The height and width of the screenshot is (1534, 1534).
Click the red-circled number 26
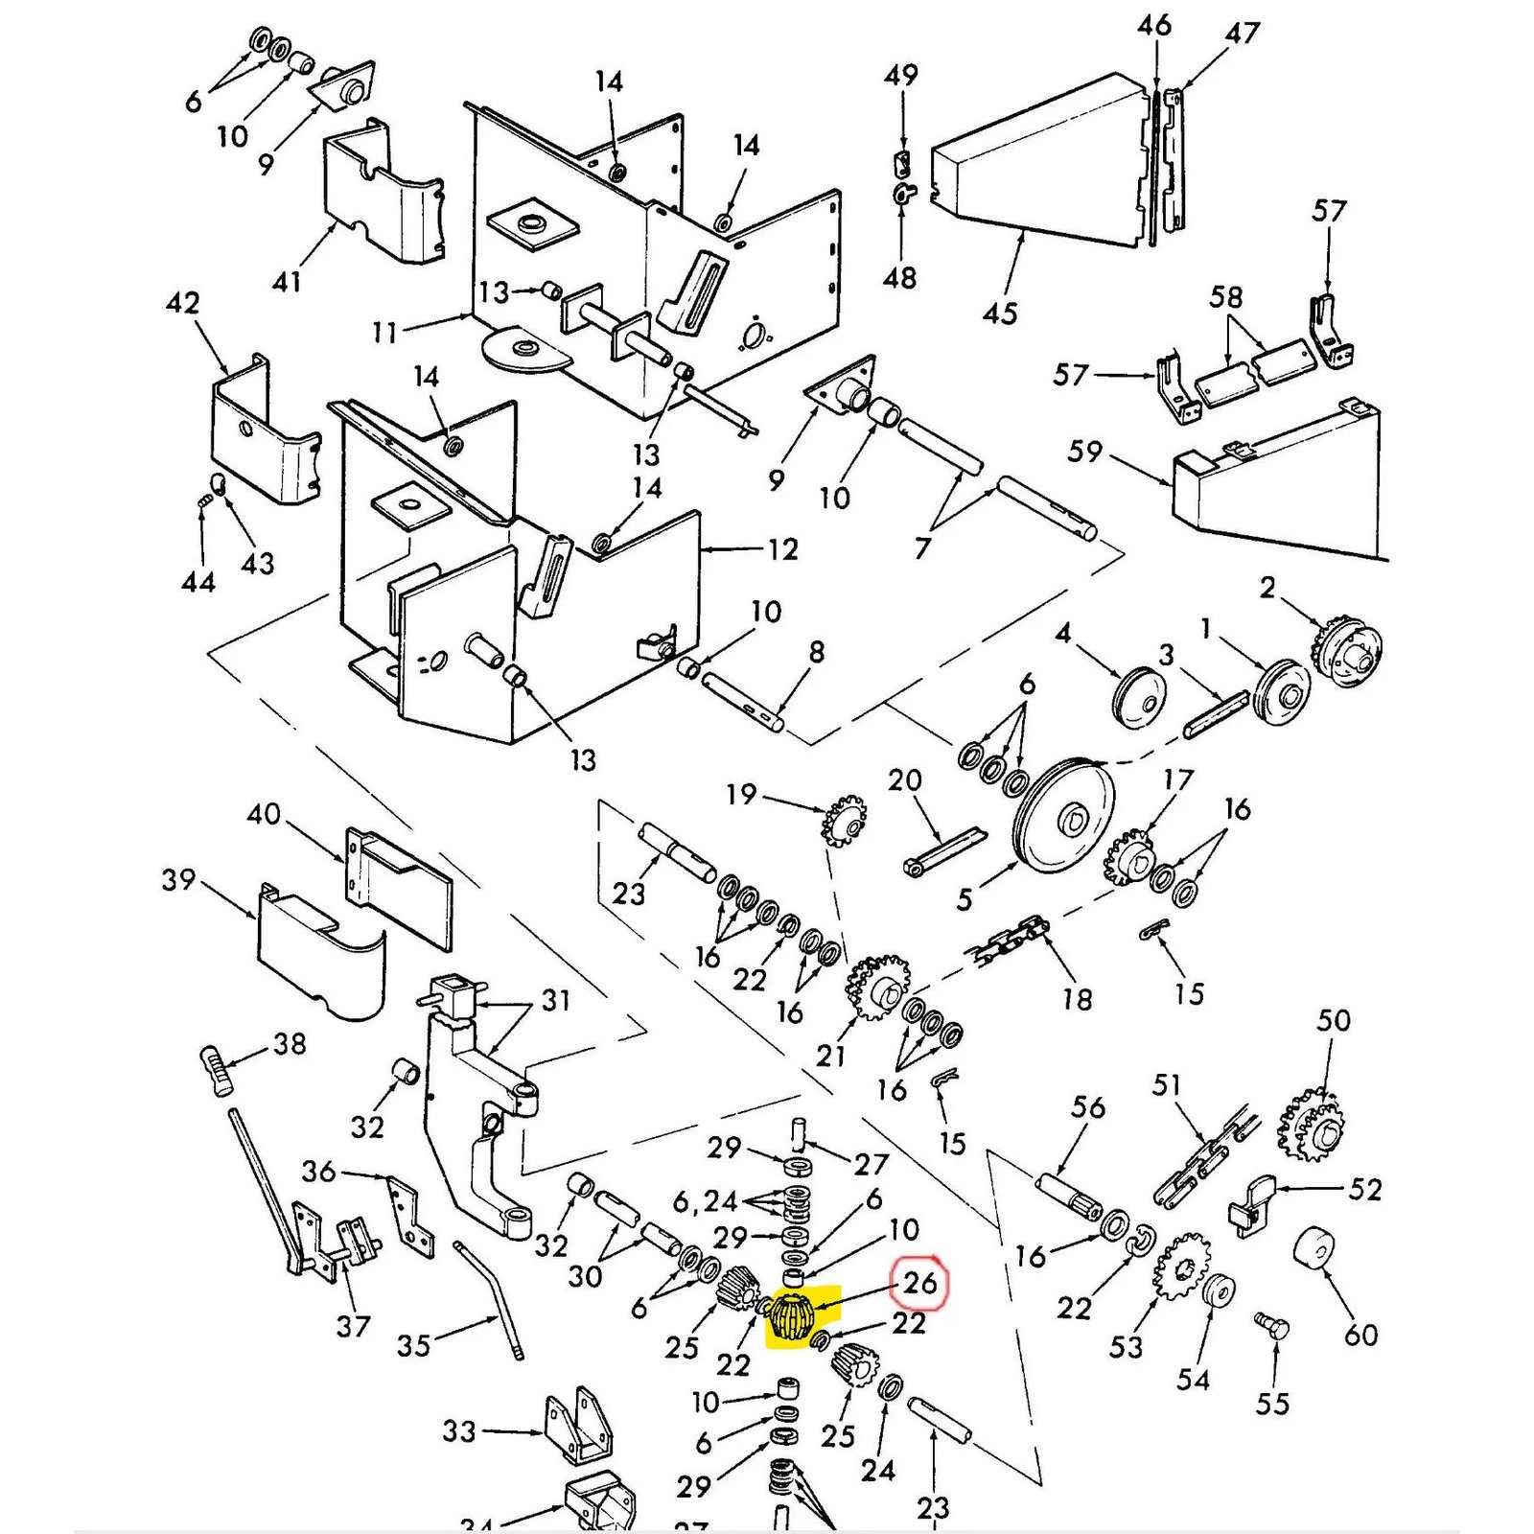pos(919,1282)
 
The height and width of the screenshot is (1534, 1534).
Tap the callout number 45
pos(999,314)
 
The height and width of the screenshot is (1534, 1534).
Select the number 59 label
pos(1084,452)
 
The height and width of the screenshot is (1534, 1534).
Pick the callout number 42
pos(183,304)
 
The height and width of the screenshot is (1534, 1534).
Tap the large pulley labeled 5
pos(1063,816)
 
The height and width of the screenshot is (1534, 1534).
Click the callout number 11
pos(384,333)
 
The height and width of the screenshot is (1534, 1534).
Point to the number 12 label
pos(782,549)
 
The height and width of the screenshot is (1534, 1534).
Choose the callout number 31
pos(555,1000)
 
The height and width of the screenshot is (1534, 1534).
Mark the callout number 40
pos(264,815)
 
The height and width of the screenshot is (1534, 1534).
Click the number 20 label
pos(904,780)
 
